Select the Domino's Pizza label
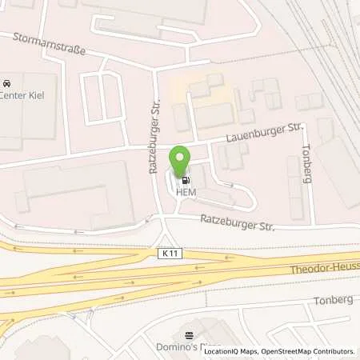click(x=189, y=348)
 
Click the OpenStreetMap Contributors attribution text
click(x=307, y=351)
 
